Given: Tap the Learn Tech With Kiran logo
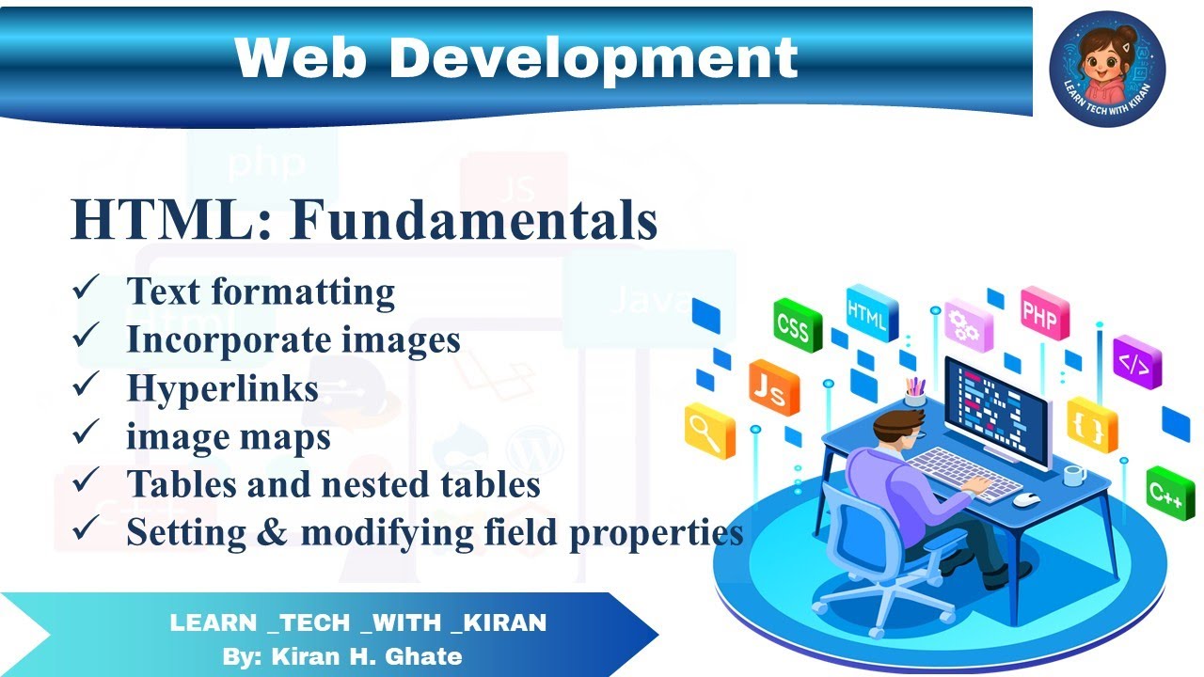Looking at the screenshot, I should pos(1107,69).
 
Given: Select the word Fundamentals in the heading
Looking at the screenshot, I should pos(473,222).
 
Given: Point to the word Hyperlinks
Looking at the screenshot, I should pos(223,388).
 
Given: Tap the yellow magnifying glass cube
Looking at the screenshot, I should pos(708,432).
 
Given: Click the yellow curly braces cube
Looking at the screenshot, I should pos(1091,425).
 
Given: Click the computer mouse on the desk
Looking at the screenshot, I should pos(1025,499).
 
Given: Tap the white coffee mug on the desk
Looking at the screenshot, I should pos(1073,475).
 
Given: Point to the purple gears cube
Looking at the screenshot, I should pos(968,325).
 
